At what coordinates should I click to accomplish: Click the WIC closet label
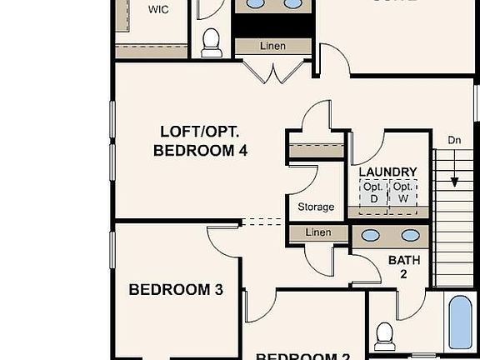157,10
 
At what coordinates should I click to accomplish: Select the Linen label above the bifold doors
273,46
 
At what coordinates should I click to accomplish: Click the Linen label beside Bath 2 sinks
317,232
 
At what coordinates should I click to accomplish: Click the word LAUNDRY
387,172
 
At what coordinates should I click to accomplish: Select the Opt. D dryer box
373,192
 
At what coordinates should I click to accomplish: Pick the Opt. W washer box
403,192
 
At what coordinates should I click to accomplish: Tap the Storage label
316,207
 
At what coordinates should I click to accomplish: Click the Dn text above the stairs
455,140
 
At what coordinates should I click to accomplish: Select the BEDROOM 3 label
176,290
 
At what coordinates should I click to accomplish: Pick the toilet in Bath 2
385,335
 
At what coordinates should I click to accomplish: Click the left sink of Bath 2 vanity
371,237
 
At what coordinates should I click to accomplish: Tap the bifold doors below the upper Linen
272,71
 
